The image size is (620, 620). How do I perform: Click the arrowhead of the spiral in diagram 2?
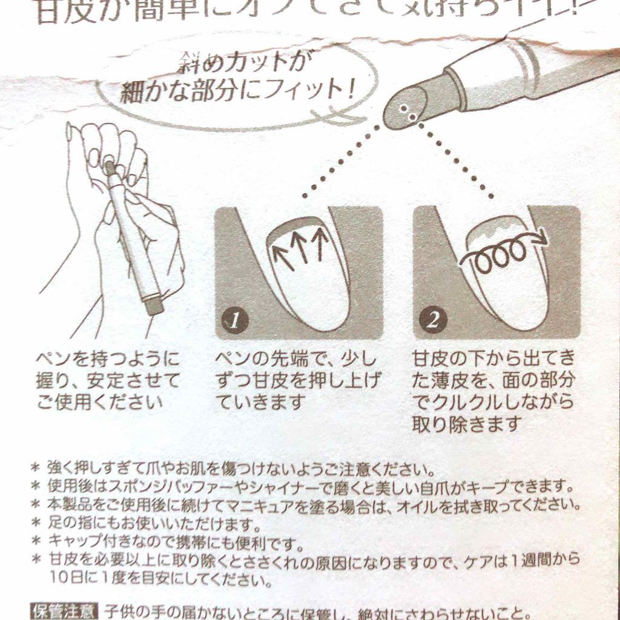coord(541,240)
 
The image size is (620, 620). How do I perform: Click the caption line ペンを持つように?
coord(107,360)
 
